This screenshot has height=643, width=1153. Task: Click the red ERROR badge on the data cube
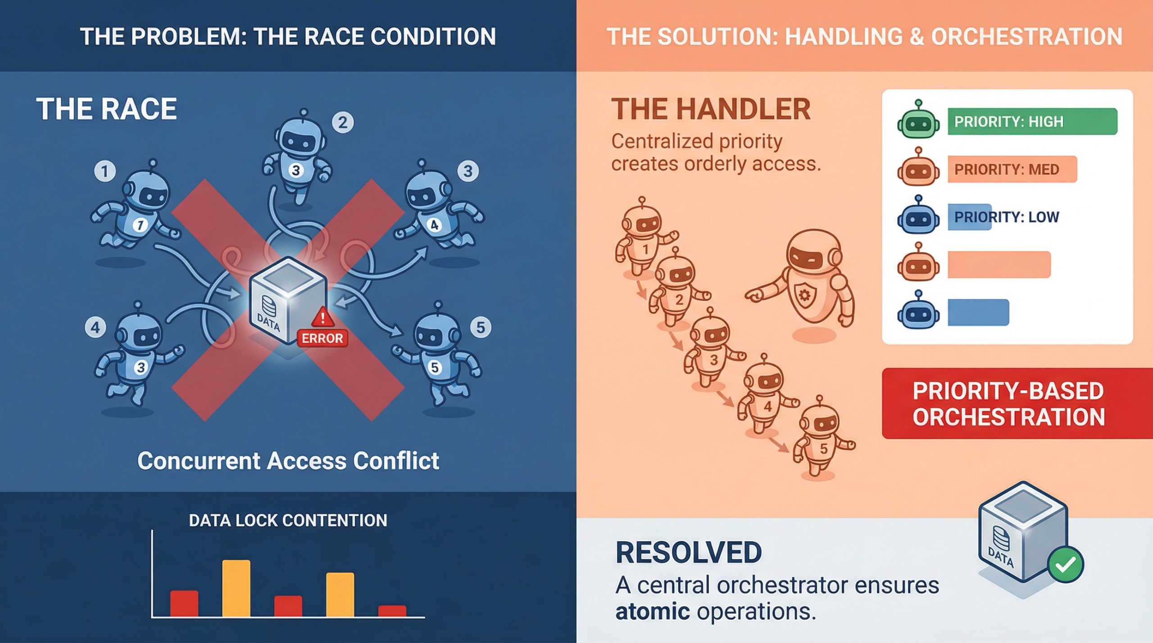point(322,338)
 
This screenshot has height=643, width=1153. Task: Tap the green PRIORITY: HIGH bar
point(1032,121)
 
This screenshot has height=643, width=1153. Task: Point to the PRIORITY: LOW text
point(1007,217)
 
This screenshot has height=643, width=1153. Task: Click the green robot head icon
point(918,121)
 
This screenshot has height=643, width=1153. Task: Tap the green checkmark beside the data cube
point(1065,565)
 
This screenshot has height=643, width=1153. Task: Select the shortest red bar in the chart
point(392,611)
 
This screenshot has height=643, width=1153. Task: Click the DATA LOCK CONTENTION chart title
point(288,521)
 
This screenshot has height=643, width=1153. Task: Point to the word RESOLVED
point(688,553)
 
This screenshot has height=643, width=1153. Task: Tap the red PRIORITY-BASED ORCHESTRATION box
point(1009,404)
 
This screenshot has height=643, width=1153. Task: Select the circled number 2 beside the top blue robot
point(343,122)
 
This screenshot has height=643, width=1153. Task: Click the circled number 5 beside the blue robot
point(481,327)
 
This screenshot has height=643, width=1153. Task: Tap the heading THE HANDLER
point(711,109)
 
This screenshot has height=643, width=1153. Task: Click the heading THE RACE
point(107,109)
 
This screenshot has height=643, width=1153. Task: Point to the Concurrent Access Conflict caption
point(288,461)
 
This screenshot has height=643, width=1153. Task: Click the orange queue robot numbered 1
point(643,238)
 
